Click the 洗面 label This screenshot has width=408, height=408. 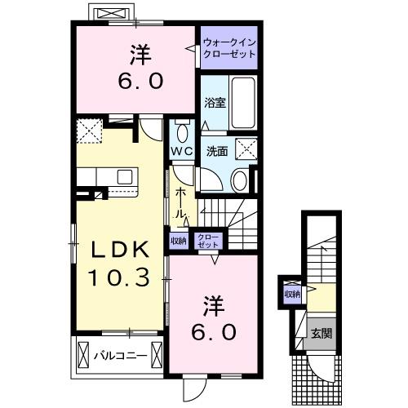pyautogui.click(x=216, y=151)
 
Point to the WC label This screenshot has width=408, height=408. pyautogui.click(x=181, y=153)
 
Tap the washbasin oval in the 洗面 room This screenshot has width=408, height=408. pyautogui.click(x=239, y=180)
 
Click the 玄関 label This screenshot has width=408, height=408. pyautogui.click(x=319, y=332)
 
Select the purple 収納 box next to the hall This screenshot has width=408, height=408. pyautogui.click(x=178, y=240)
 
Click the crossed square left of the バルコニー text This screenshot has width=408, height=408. pyautogui.click(x=84, y=356)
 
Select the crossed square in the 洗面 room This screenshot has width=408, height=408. pyautogui.click(x=246, y=149)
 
